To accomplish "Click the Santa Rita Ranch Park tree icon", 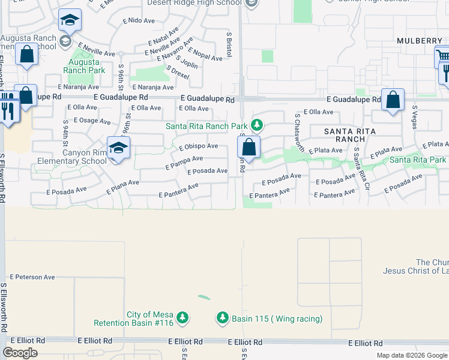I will click(257, 125).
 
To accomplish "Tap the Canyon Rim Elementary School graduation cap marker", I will click(118, 148).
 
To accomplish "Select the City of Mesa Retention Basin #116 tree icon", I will click(182, 318).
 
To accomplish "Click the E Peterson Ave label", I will click(32, 277).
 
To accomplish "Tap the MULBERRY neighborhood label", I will click(419, 40).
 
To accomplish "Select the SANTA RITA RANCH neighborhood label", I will click(349, 135).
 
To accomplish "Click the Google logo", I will click(20, 353).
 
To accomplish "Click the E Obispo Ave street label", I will click(198, 146).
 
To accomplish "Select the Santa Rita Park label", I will click(418, 160).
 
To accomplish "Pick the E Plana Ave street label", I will click(122, 187).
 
